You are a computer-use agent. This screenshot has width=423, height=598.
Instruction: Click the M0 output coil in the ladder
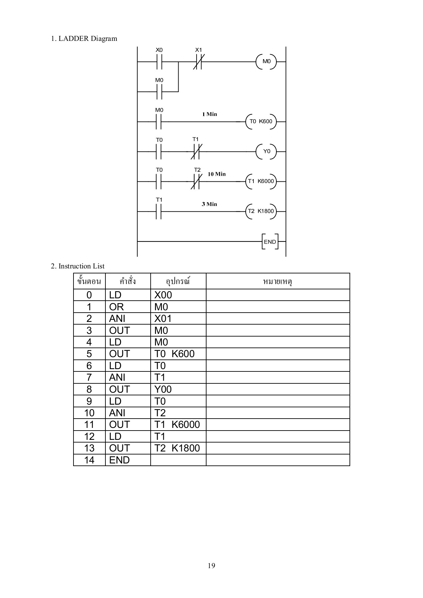pos(266,61)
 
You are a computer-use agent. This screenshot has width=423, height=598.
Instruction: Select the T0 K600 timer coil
pos(261,121)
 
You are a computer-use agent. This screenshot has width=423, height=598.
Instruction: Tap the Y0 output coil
pos(266,151)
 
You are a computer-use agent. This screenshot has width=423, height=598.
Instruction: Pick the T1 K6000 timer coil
pos(261,181)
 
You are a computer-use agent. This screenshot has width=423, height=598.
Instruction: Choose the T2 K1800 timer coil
pos(261,211)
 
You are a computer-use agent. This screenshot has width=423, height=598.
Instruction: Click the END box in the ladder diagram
pos(270,242)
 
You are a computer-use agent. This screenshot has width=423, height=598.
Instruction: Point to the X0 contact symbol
pos(159,61)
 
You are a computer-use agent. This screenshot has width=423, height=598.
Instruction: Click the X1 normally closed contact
pos(198,61)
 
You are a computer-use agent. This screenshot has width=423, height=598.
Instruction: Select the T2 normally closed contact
pos(196,181)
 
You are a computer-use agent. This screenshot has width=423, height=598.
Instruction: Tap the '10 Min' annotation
pos(216,174)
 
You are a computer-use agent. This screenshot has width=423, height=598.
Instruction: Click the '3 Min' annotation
pos(209,204)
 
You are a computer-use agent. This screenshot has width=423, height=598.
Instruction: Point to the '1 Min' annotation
pos(210,114)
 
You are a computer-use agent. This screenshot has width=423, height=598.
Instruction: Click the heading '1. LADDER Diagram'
pos(84,39)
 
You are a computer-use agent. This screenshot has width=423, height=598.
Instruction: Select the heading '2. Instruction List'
pos(77,266)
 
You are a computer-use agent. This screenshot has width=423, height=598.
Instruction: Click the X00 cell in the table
pos(163,295)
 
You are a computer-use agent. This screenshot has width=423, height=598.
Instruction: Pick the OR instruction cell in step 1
pos(116,307)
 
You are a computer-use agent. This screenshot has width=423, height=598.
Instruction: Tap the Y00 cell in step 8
pos(163,389)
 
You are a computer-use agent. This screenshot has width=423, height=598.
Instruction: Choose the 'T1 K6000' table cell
pos(177,425)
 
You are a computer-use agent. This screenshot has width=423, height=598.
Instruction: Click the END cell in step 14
pos(119,460)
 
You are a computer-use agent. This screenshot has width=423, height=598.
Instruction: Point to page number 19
pos(211,565)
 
